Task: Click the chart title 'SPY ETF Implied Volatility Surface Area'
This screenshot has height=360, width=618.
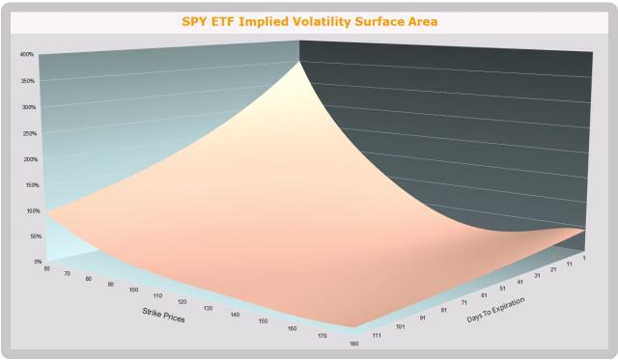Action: click(x=309, y=19)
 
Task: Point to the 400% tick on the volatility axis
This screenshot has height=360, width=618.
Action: click(x=27, y=54)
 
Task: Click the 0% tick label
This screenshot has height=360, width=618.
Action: click(x=38, y=262)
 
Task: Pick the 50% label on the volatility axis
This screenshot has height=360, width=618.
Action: click(x=36, y=236)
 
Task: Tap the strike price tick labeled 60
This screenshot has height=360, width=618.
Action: click(x=46, y=269)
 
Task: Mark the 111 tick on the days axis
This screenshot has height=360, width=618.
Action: click(x=375, y=335)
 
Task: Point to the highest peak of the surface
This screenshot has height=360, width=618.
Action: click(x=298, y=59)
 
